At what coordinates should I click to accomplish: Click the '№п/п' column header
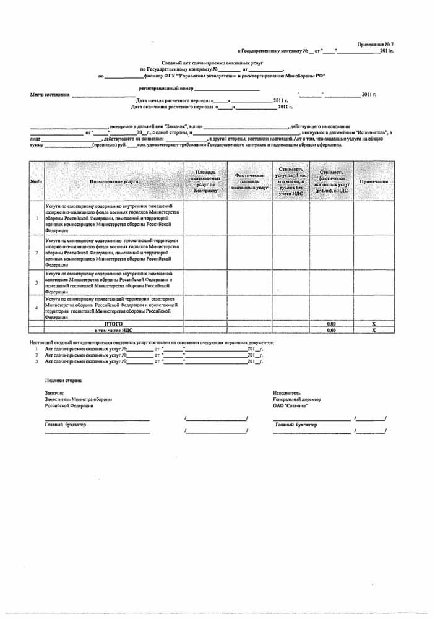[x=37, y=181]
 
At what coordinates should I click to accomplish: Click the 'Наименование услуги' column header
[x=114, y=181]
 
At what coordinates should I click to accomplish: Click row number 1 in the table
[x=37, y=218]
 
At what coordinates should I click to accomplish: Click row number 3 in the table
[x=37, y=282]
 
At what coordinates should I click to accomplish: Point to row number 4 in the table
[x=37, y=308]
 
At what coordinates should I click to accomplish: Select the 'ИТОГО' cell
[x=114, y=324]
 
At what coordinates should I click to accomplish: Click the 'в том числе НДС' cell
[x=114, y=331]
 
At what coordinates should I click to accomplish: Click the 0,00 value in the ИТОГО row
[x=331, y=324]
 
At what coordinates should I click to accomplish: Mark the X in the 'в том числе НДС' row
[x=373, y=331]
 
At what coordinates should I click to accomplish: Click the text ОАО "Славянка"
[x=290, y=405]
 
